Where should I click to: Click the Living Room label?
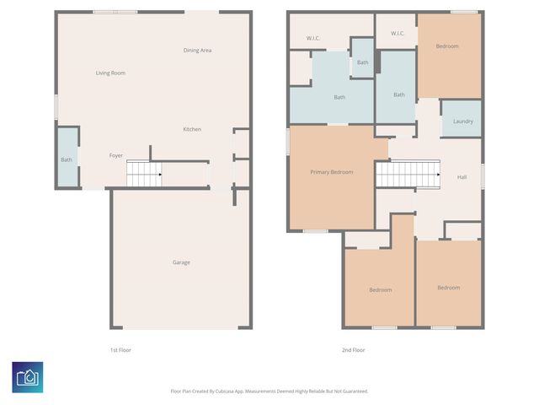(x=110, y=73)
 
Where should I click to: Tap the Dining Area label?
(x=197, y=51)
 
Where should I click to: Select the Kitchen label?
(x=192, y=129)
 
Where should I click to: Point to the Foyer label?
(x=116, y=155)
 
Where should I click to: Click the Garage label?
(x=181, y=262)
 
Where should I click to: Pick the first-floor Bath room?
(x=67, y=158)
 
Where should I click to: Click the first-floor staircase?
(x=144, y=174)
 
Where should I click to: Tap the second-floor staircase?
(x=408, y=174)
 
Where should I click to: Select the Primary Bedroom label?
(x=332, y=172)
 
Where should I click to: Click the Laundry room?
(x=462, y=118)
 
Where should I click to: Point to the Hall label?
(x=462, y=177)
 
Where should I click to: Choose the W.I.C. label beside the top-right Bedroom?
(x=398, y=34)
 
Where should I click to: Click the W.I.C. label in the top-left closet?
(x=313, y=38)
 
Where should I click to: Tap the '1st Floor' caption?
(x=120, y=350)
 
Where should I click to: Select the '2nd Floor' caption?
(x=354, y=350)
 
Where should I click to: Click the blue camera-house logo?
(x=28, y=377)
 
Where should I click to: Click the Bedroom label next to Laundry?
(x=447, y=46)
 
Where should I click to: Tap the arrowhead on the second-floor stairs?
(x=438, y=175)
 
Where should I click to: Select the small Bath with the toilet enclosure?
(x=362, y=58)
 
